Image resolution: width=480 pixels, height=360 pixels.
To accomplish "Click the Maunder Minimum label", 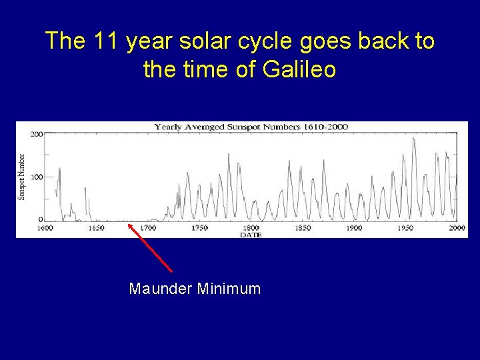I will tap(195, 289).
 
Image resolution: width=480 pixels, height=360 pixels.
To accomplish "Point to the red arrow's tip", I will tap(129, 225).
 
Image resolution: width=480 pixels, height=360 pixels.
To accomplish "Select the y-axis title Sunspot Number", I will tap(21, 177).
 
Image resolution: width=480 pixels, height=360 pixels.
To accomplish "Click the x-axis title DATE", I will tap(251, 235).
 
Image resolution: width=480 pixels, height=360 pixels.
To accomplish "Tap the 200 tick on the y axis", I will tap(37, 134).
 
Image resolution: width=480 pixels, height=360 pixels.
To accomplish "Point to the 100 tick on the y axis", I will tap(37, 177).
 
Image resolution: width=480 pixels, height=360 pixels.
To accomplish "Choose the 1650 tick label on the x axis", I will tap(97, 228).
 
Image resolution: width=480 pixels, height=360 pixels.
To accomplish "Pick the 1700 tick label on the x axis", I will tap(148, 228).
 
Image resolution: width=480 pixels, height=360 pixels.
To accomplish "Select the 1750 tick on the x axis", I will tap(199, 228).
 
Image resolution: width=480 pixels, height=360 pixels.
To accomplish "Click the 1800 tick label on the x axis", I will tap(251, 228).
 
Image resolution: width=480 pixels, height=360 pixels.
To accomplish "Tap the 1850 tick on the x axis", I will tap(302, 228).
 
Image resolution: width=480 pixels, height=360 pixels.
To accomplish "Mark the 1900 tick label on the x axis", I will tap(353, 228).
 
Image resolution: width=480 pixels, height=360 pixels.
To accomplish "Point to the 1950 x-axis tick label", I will tap(405, 228).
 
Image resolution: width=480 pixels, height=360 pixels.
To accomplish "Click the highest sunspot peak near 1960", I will tap(414, 139).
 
